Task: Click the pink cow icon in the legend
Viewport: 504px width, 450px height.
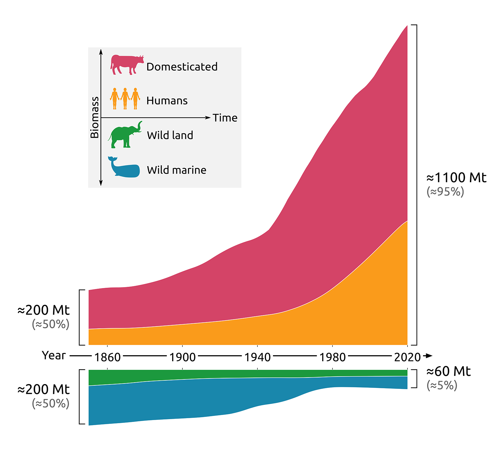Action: click(x=127, y=65)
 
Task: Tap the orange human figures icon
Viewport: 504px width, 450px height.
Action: click(x=125, y=99)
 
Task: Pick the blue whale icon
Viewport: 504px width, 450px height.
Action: click(x=124, y=167)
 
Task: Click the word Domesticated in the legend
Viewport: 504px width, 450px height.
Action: click(x=182, y=67)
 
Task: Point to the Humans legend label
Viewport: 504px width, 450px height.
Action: click(x=167, y=101)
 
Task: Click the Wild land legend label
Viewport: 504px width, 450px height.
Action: click(x=170, y=136)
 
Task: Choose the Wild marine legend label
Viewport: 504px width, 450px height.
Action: click(x=177, y=170)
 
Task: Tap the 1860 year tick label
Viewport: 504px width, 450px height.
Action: click(x=107, y=357)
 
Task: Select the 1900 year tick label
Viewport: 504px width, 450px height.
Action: click(x=182, y=357)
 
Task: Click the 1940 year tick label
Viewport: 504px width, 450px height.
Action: click(x=258, y=357)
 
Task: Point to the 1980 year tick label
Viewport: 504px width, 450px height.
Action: click(x=333, y=357)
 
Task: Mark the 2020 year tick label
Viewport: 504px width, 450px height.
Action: click(x=407, y=357)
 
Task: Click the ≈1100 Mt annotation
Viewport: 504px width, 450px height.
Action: click(x=456, y=178)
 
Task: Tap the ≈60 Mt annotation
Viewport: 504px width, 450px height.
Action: click(x=449, y=372)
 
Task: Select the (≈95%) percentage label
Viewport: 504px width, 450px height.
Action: click(x=445, y=192)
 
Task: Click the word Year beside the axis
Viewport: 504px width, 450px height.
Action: click(x=54, y=355)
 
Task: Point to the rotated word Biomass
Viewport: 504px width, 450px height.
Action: click(x=95, y=118)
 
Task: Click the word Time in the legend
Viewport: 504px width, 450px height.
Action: click(x=225, y=118)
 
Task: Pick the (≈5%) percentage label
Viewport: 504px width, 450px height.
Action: click(x=442, y=386)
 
